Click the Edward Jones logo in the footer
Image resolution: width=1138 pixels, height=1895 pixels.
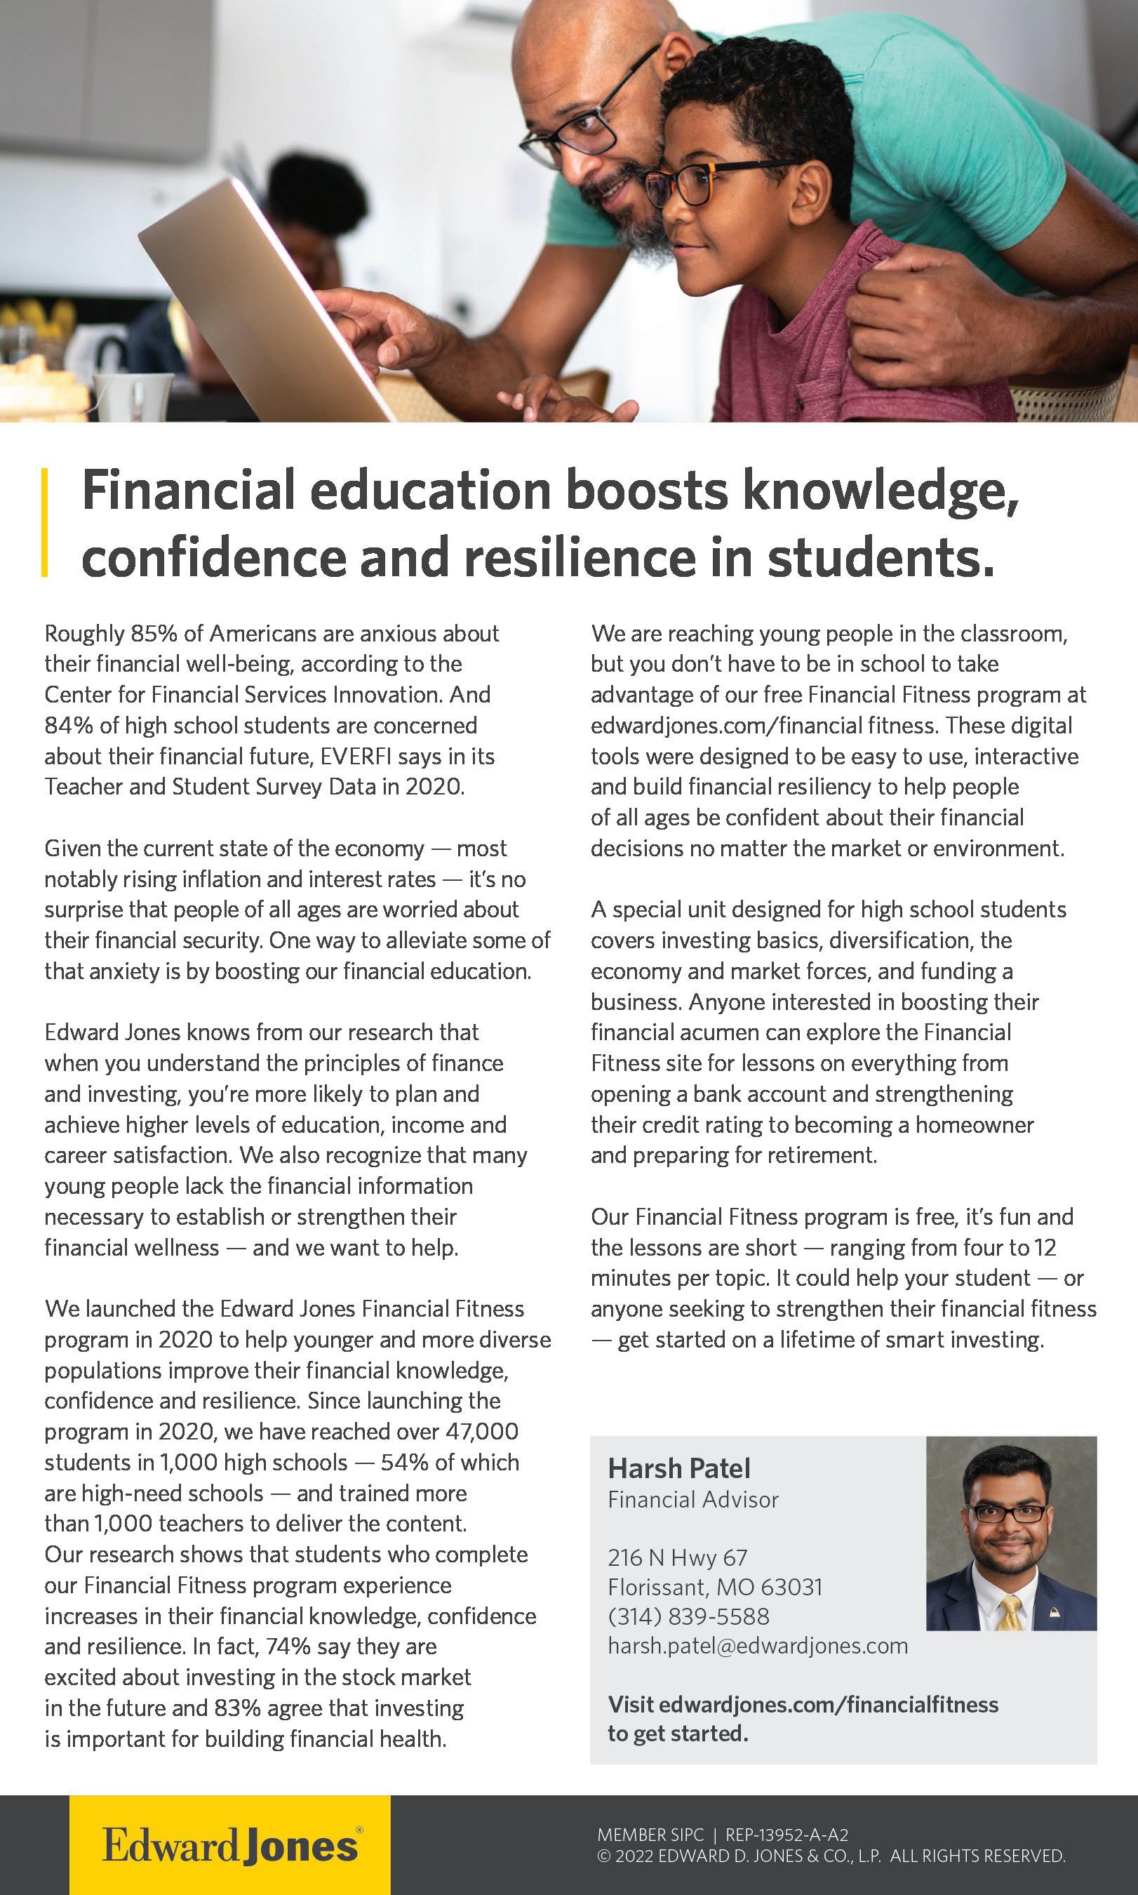[x=230, y=1845]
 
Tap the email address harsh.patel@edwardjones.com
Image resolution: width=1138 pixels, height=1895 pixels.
[x=757, y=1645]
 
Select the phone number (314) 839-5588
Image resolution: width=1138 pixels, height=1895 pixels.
[x=688, y=1616]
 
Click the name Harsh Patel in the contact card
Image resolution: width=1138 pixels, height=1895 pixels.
[x=678, y=1468]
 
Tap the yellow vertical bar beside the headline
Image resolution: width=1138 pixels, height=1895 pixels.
[x=45, y=521]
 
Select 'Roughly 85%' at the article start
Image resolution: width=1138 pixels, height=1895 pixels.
[x=95, y=634]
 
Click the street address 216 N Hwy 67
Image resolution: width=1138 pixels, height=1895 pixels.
[x=676, y=1557]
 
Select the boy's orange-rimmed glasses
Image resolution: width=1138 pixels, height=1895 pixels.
[x=694, y=184]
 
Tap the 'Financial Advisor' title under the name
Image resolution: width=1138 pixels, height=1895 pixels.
[x=692, y=1499]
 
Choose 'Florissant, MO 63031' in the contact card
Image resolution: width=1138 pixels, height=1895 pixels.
[x=715, y=1587]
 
